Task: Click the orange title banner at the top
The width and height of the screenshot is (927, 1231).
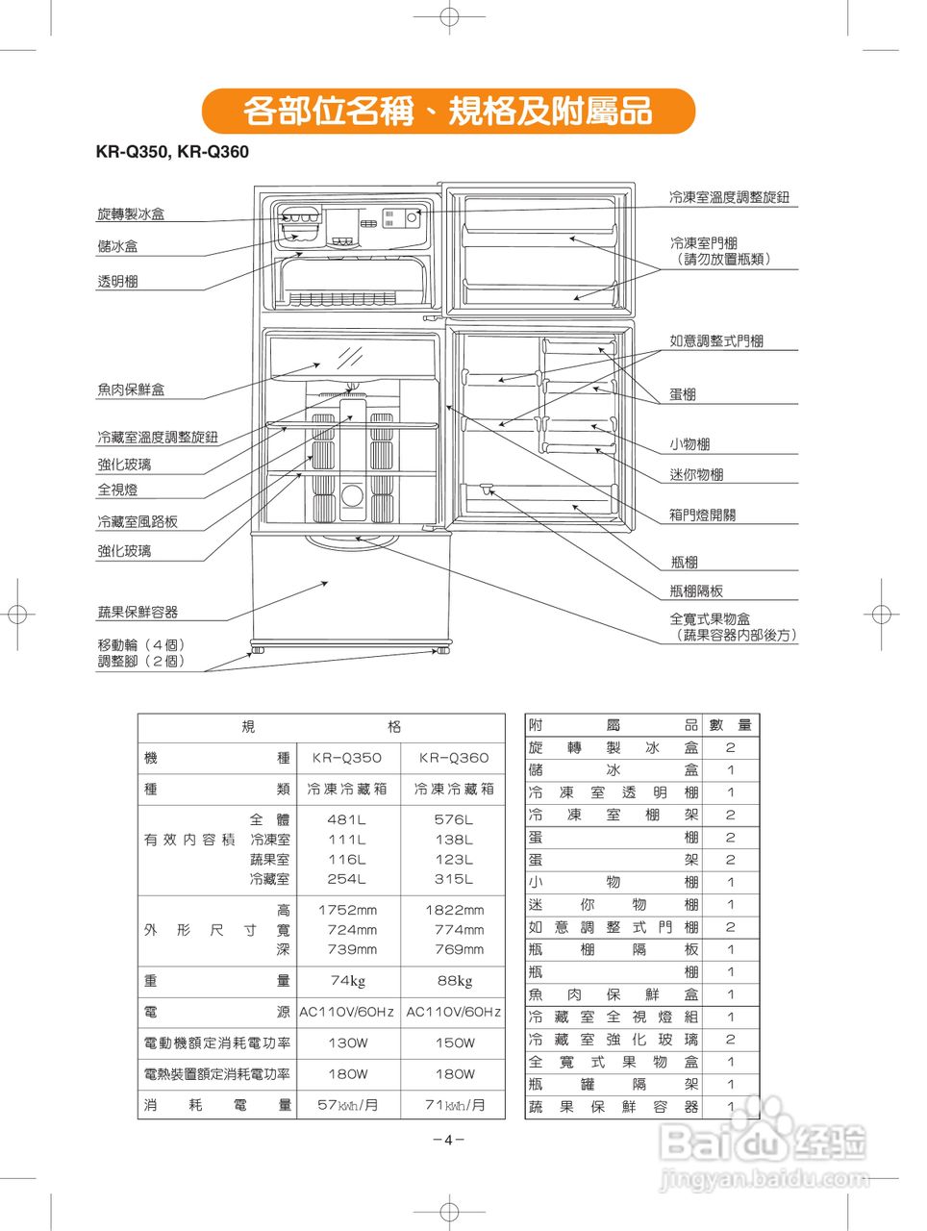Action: (x=448, y=111)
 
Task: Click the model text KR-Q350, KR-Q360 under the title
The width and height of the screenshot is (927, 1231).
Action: (x=172, y=152)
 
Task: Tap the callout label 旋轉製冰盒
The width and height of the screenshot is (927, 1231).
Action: (x=131, y=214)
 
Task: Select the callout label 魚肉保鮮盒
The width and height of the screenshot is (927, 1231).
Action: (x=131, y=389)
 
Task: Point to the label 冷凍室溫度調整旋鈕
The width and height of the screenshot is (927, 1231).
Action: (x=729, y=197)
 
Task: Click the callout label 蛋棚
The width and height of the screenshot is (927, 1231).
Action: (x=683, y=394)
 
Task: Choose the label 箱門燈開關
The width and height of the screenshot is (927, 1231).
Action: (x=702, y=515)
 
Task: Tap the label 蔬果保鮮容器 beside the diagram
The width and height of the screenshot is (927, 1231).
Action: (x=138, y=612)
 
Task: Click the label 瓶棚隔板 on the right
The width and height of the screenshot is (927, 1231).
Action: (x=696, y=590)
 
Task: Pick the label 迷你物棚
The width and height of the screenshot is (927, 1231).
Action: (x=696, y=474)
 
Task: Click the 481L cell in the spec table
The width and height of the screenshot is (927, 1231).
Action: (x=346, y=820)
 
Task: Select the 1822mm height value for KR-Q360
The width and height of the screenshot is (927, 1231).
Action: (x=455, y=910)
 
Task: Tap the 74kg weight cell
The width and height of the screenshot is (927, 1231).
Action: (x=347, y=981)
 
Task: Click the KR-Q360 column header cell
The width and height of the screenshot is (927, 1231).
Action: (x=454, y=758)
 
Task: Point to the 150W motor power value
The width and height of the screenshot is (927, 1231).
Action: (x=454, y=1043)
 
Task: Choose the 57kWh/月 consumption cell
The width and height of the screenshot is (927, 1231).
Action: (x=347, y=1105)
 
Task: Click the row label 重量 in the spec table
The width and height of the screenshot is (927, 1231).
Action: (x=216, y=981)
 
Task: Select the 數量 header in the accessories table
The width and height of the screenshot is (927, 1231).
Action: (x=731, y=725)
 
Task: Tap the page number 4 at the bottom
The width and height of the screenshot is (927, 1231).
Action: (x=448, y=1140)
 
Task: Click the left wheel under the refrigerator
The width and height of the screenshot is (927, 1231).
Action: (x=258, y=651)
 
